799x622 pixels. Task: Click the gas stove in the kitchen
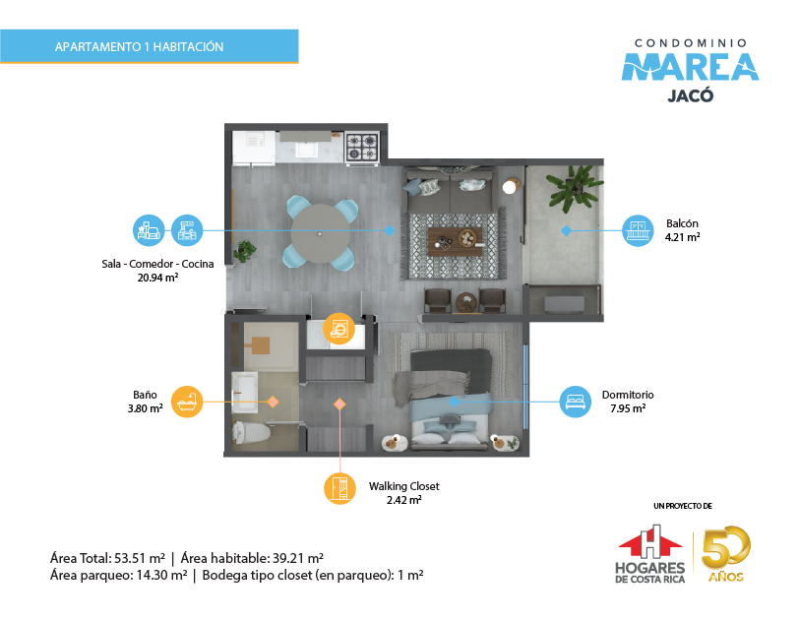pos(362,148)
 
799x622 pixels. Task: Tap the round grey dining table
pos(320,233)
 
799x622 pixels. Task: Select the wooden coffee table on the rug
pos(455,242)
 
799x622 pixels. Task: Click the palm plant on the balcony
pos(574,187)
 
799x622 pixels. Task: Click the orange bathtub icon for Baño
pos(187,402)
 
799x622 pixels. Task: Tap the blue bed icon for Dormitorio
pos(576,402)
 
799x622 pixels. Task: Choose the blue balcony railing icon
pos(638,230)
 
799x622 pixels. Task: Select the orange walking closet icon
pos(339,488)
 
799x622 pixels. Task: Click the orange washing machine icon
pos(338,329)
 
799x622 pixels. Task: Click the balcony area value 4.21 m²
pos(682,237)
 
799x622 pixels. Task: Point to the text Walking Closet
pos(404,486)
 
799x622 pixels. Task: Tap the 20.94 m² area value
pos(158,278)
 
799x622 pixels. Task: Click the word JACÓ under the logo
pos(691,95)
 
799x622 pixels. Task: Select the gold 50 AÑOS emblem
pos(726,554)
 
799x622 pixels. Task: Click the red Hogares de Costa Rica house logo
pos(650,541)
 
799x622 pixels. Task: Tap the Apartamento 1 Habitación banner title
pos(139,47)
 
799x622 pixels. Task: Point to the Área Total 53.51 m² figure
pos(107,558)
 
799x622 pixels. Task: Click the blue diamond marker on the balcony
pos(566,230)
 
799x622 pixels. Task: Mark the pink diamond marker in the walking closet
pos(339,404)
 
